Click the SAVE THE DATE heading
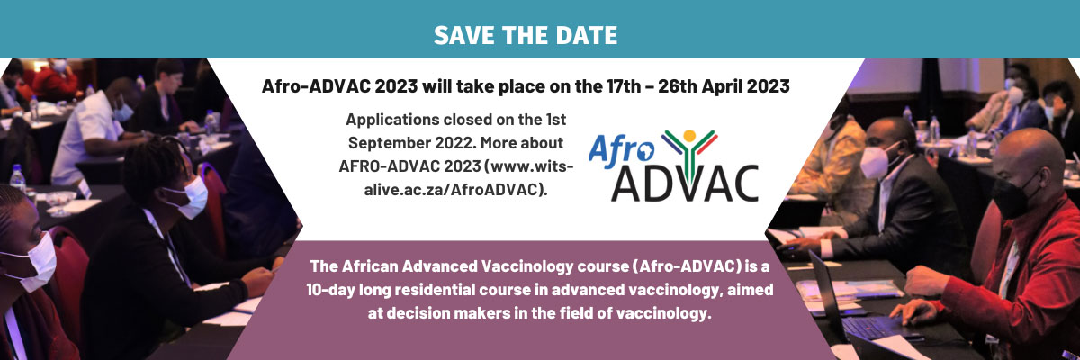click(x=525, y=35)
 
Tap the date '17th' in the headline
click(x=624, y=86)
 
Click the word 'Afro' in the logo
click(x=621, y=150)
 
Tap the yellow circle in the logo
click(x=689, y=136)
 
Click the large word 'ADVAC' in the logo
click(x=685, y=183)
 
